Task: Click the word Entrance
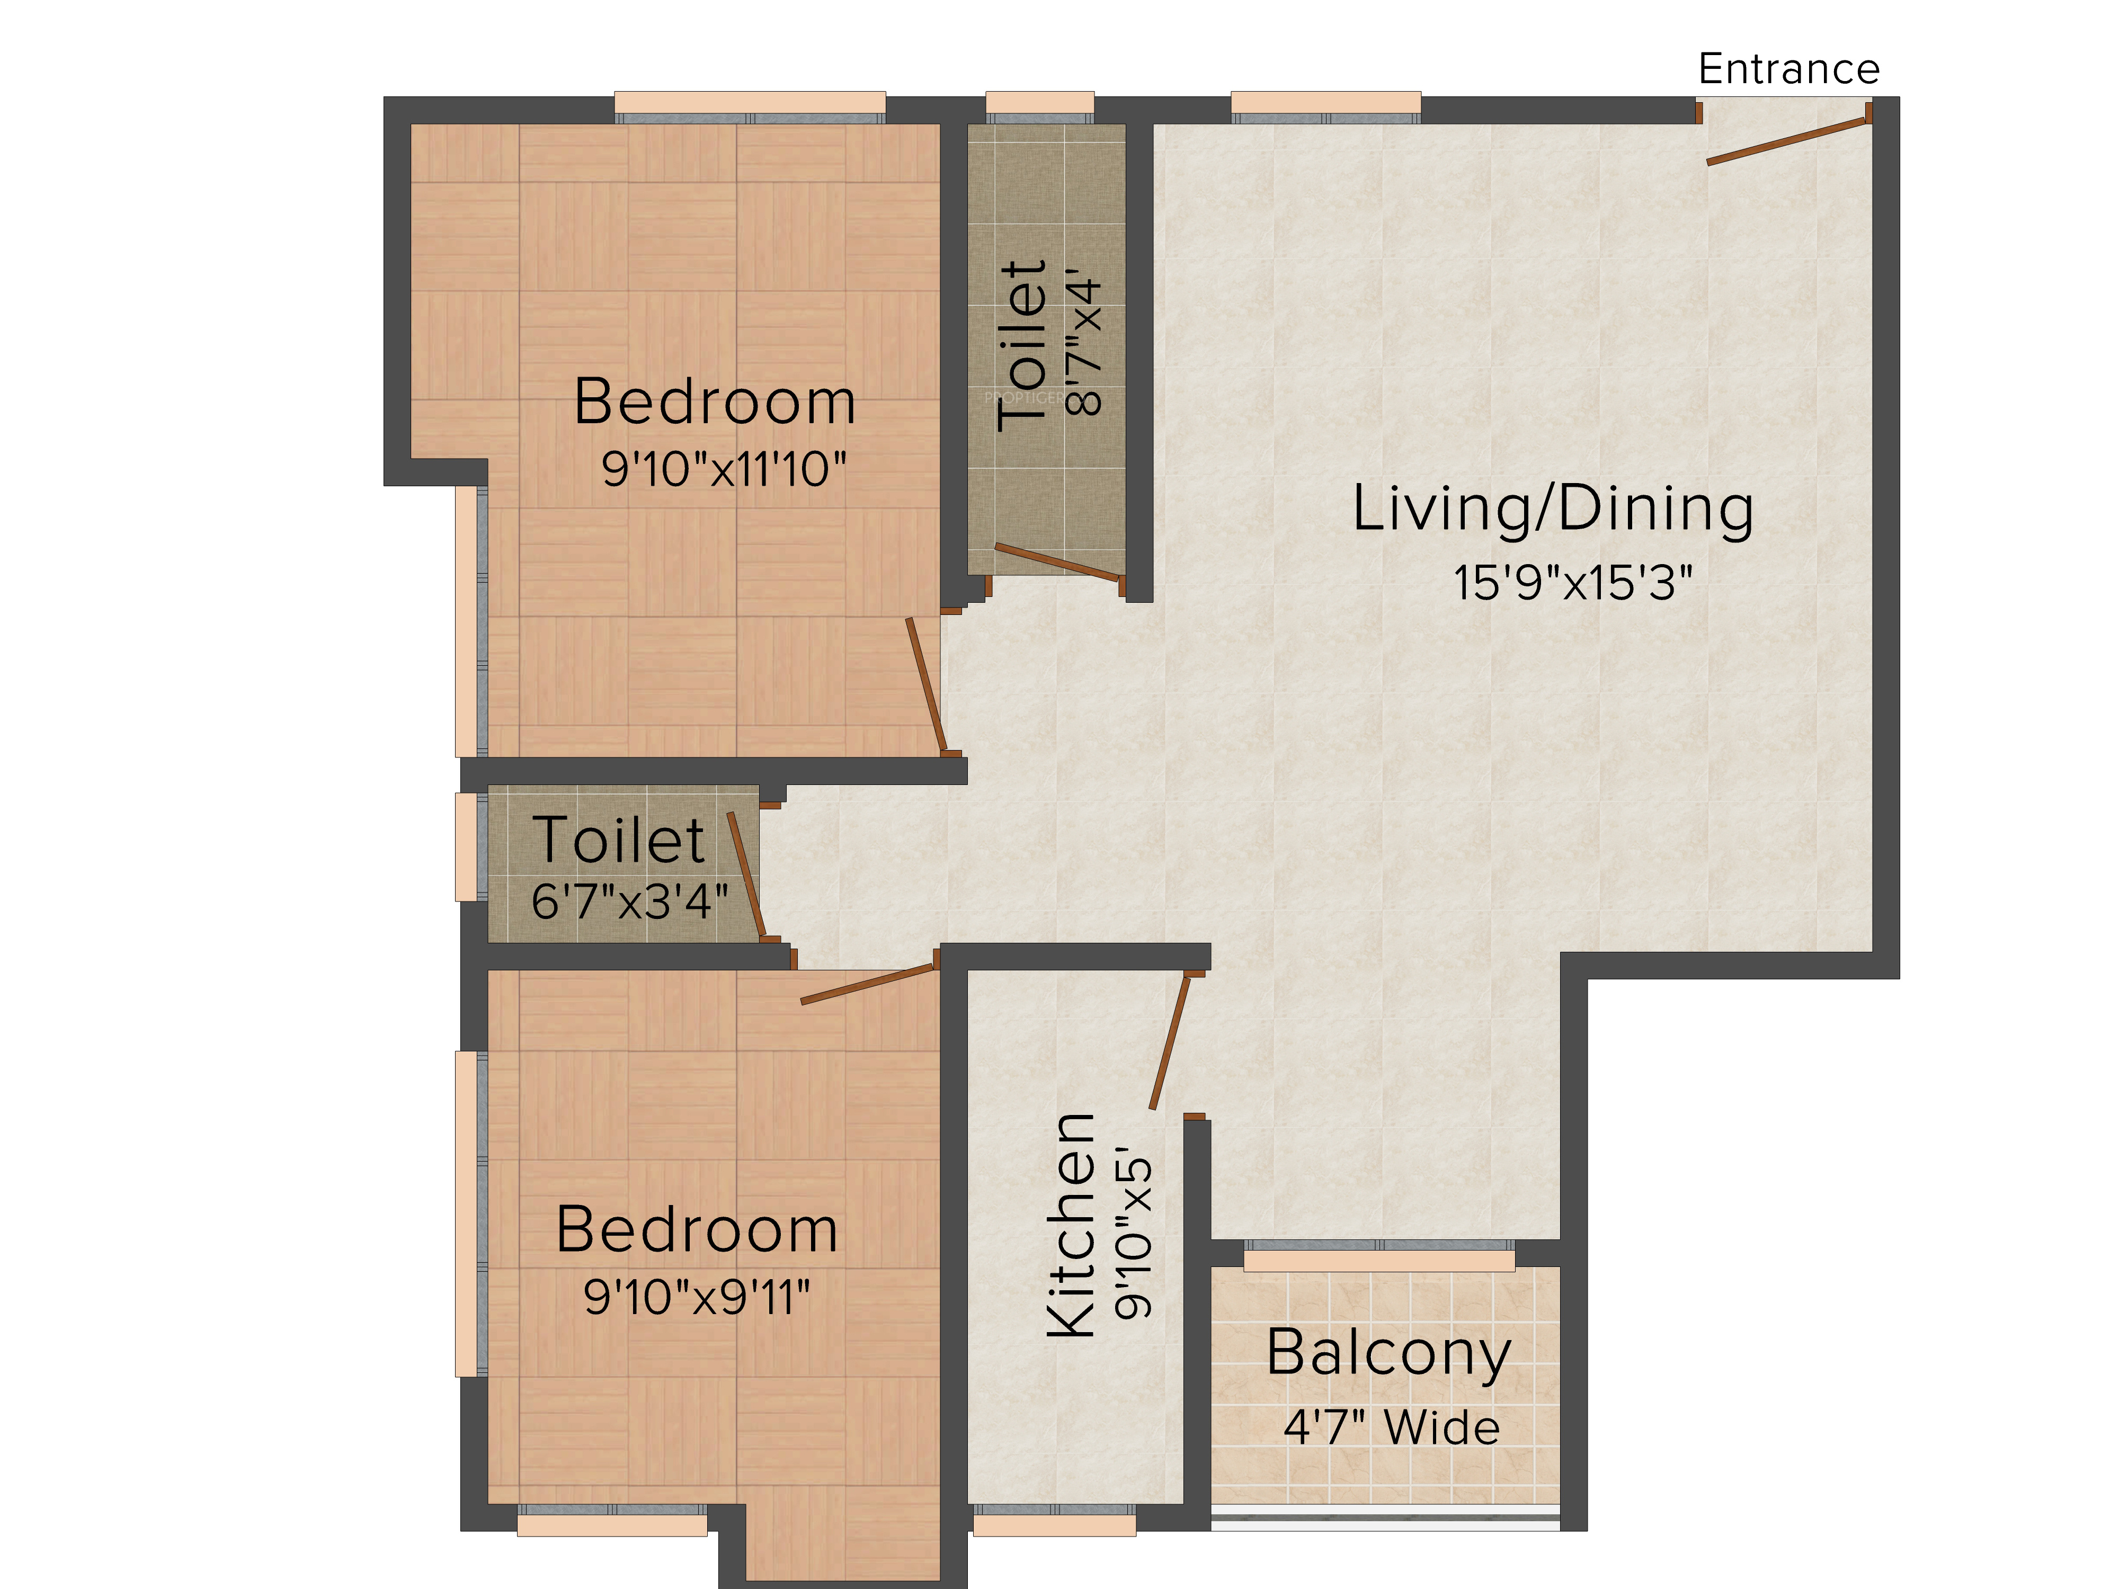pyautogui.click(x=1788, y=69)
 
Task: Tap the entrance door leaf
pyautogui.click(x=1787, y=142)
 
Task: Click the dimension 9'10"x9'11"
pyautogui.click(x=697, y=1298)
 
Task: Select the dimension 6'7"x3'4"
pyautogui.click(x=629, y=901)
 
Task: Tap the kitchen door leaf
pyautogui.click(x=1170, y=1042)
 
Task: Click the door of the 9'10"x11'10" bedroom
pyautogui.click(x=927, y=685)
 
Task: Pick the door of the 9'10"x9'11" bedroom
pyautogui.click(x=867, y=984)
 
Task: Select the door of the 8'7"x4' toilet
pyautogui.click(x=1057, y=561)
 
